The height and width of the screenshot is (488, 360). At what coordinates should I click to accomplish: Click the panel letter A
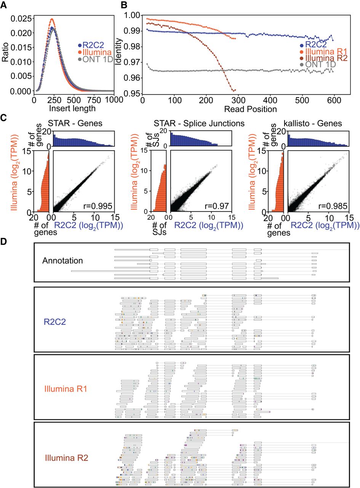click(4, 5)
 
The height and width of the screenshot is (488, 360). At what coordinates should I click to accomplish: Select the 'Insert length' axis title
click(72, 109)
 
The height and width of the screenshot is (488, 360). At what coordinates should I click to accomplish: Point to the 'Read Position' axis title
click(251, 109)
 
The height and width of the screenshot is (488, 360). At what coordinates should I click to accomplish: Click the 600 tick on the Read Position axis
click(334, 100)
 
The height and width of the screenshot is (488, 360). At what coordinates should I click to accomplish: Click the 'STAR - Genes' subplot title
click(75, 123)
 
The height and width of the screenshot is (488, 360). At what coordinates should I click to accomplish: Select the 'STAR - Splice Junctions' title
click(199, 123)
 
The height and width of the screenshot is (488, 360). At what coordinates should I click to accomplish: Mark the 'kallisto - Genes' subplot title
click(313, 123)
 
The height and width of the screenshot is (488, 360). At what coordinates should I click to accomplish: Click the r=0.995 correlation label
click(98, 206)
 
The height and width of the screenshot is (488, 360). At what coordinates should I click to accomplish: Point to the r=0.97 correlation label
click(217, 206)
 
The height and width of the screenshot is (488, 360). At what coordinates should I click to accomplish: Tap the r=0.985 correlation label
click(333, 206)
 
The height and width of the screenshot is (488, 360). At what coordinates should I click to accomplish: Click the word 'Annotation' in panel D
click(63, 261)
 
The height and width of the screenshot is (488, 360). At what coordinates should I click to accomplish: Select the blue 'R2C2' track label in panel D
click(55, 322)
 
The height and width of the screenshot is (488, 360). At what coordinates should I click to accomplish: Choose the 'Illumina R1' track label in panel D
click(66, 389)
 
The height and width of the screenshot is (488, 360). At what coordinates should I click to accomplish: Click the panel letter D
click(4, 242)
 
